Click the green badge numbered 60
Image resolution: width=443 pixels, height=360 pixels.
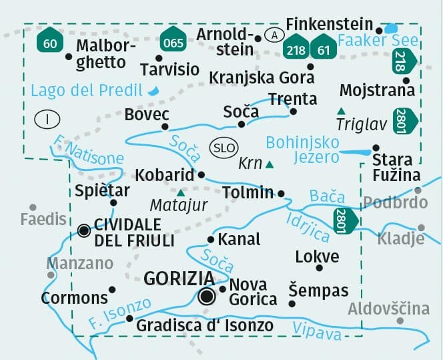(49, 40)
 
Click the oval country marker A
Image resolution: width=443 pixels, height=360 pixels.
(273, 35)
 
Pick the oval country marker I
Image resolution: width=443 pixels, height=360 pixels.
(47, 120)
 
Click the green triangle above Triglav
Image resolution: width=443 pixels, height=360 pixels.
(341, 110)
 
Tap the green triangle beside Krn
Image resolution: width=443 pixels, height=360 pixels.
(270, 164)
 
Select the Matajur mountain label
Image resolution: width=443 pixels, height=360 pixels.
(179, 205)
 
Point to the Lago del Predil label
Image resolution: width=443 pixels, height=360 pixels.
(87, 91)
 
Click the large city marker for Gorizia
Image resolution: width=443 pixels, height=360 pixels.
(207, 295)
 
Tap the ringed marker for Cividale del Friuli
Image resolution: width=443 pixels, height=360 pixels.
(84, 231)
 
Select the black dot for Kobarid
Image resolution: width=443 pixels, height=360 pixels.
(201, 175)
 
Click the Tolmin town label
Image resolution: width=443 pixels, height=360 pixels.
(247, 192)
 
